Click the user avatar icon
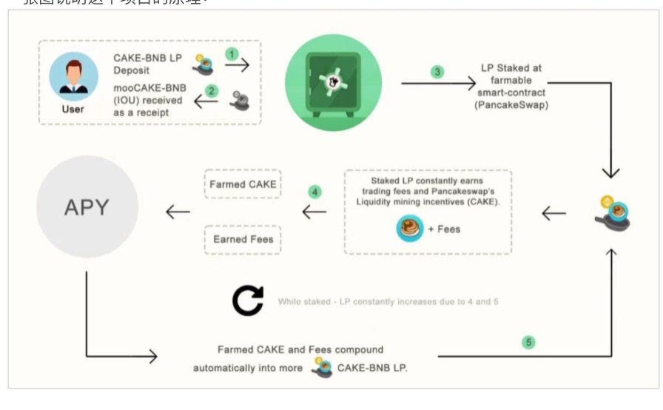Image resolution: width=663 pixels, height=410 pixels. (x=73, y=76)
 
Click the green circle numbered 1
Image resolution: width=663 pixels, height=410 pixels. (x=232, y=54)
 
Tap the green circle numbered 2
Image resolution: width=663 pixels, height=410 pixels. (x=212, y=91)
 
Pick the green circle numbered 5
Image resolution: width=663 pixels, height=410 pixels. (x=528, y=342)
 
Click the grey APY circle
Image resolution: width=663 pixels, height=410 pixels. (x=87, y=207)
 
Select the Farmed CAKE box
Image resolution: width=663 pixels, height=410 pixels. (x=243, y=184)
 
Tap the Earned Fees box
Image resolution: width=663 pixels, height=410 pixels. (x=243, y=239)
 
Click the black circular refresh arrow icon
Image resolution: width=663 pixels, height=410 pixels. (x=248, y=301)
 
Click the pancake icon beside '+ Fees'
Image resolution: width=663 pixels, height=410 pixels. (x=409, y=229)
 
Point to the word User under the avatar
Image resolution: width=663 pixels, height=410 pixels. (x=73, y=109)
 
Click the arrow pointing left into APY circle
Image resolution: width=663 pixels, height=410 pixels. (x=178, y=212)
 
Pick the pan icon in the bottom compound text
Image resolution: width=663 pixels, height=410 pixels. (x=322, y=367)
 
